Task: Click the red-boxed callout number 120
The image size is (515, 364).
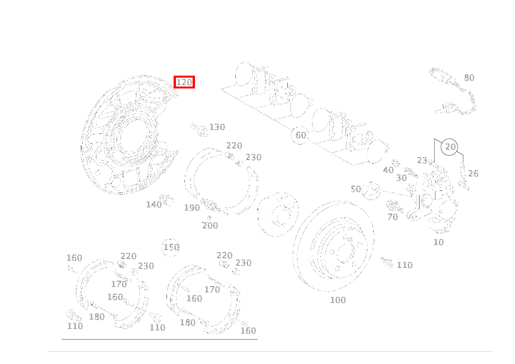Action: coord(184,82)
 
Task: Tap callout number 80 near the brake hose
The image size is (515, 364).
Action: coord(469,78)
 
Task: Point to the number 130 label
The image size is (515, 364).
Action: coord(217,127)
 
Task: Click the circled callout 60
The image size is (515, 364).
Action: coord(300,135)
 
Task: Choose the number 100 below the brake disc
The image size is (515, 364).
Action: coord(338,300)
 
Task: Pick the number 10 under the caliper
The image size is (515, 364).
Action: coord(438,242)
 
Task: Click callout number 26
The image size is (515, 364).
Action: coord(473,173)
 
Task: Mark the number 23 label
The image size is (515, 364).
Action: coord(422,160)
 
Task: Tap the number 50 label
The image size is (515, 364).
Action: coord(356,189)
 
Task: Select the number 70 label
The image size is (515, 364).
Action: coord(393,217)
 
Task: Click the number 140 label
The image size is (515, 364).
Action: coord(154,205)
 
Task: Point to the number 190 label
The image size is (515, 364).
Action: coord(192,208)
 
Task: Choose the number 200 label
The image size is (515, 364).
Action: coord(210,225)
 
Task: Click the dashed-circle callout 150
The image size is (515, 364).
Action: coord(171,247)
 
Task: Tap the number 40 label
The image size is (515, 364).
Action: coord(388,170)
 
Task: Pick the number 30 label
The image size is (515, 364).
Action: coord(402,177)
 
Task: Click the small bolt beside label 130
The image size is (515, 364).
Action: coord(199,130)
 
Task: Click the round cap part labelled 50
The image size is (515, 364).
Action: coord(371,191)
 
